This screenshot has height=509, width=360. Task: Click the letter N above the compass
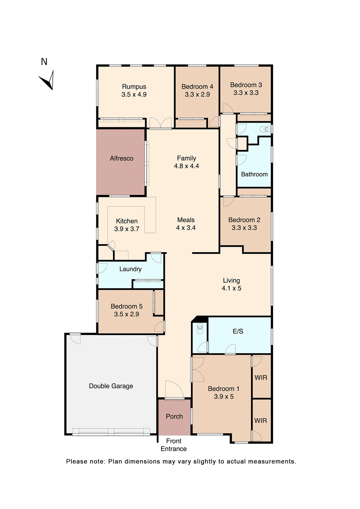pyautogui.click(x=44, y=62)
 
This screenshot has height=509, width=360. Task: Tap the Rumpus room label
pyautogui.click(x=134, y=87)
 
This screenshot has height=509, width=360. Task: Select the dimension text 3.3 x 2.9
pyautogui.click(x=197, y=94)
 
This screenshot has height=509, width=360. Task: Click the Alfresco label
pyautogui.click(x=121, y=158)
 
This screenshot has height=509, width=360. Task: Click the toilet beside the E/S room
pyautogui.click(x=200, y=329)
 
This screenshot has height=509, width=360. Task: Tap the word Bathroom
pyautogui.click(x=254, y=174)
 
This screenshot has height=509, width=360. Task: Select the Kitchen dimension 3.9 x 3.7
pyautogui.click(x=127, y=229)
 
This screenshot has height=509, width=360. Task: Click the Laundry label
pyautogui.click(x=130, y=269)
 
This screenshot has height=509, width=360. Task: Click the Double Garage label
pyautogui.click(x=111, y=386)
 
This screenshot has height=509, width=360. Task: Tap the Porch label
pyautogui.click(x=174, y=416)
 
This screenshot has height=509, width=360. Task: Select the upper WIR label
pyautogui.click(x=261, y=378)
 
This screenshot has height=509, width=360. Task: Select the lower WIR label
pyautogui.click(x=260, y=420)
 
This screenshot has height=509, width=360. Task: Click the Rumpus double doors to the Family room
pyautogui.click(x=160, y=123)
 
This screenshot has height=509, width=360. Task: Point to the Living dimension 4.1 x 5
pyautogui.click(x=231, y=288)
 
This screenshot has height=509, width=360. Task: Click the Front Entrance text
pyautogui.click(x=174, y=445)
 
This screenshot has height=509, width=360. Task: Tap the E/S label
pyautogui.click(x=238, y=331)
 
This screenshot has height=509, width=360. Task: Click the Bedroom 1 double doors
pyautogui.click(x=198, y=369)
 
